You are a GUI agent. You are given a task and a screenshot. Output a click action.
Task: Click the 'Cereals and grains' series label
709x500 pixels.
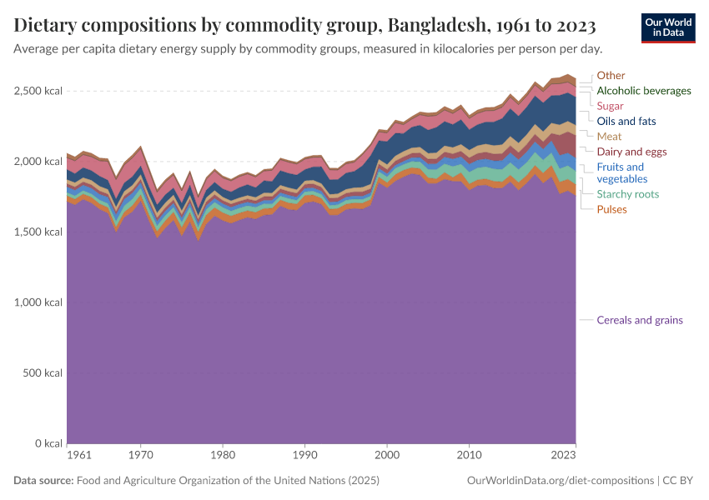(x=640, y=320)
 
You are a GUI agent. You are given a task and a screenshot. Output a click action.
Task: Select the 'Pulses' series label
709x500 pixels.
(x=611, y=209)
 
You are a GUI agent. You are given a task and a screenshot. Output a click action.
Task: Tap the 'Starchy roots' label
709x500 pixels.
(x=627, y=194)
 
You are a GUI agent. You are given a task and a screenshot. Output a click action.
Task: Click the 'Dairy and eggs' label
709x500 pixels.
(x=631, y=152)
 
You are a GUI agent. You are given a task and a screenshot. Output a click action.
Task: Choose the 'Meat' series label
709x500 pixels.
(x=609, y=136)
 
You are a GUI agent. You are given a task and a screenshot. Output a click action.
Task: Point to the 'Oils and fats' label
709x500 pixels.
(x=626, y=121)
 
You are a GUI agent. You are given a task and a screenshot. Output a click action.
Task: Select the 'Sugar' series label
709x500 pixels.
(x=610, y=106)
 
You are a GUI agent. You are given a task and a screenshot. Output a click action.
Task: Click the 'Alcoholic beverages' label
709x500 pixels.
(x=644, y=91)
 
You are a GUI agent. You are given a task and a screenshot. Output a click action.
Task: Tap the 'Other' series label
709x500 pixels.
(x=611, y=76)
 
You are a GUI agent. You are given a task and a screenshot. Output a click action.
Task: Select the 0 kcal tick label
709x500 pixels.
(x=48, y=443)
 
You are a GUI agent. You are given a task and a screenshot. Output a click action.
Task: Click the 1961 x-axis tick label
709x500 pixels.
(x=78, y=456)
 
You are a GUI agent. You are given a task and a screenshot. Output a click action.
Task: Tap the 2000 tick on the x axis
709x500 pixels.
(x=387, y=456)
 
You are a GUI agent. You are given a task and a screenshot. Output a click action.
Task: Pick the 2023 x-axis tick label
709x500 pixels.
(x=563, y=456)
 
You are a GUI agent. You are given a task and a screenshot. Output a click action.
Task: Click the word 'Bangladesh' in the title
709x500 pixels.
(x=438, y=25)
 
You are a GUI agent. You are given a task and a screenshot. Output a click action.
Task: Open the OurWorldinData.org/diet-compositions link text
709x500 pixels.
(x=561, y=481)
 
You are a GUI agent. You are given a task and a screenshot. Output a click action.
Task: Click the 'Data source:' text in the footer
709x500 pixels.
(x=43, y=481)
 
